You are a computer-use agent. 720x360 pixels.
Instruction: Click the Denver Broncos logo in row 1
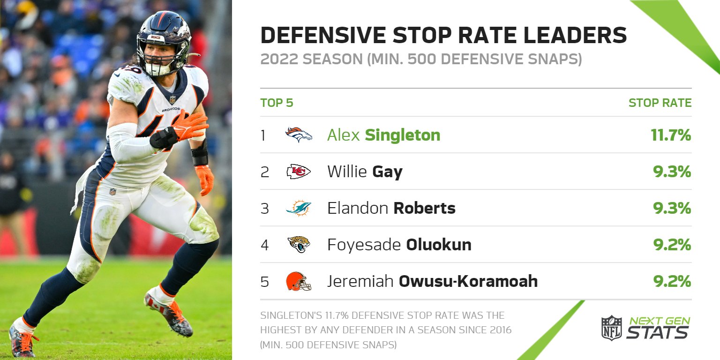(299, 135)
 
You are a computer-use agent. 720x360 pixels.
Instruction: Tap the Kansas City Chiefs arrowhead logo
(299, 172)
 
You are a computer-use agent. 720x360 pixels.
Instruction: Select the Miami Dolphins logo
(299, 208)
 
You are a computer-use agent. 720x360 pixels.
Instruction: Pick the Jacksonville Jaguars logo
(299, 244)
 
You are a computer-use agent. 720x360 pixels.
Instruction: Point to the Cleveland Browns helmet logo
(299, 281)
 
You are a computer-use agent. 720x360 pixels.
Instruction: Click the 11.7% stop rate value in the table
(671, 135)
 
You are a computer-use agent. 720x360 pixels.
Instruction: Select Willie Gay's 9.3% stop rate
(672, 172)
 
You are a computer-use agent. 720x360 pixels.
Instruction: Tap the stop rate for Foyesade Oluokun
(672, 245)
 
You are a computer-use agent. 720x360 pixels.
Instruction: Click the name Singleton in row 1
(402, 135)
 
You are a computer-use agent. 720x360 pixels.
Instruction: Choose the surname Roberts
(424, 208)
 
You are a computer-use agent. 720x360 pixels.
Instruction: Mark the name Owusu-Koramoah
(468, 281)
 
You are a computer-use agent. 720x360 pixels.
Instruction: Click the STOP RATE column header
(660, 103)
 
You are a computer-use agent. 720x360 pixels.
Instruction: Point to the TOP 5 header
(277, 103)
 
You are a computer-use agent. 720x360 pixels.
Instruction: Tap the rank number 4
(265, 245)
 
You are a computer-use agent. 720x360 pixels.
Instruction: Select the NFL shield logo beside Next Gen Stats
(611, 328)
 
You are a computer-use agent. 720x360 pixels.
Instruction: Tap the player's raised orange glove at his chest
(190, 126)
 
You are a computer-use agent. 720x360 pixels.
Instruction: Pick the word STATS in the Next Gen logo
(657, 332)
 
